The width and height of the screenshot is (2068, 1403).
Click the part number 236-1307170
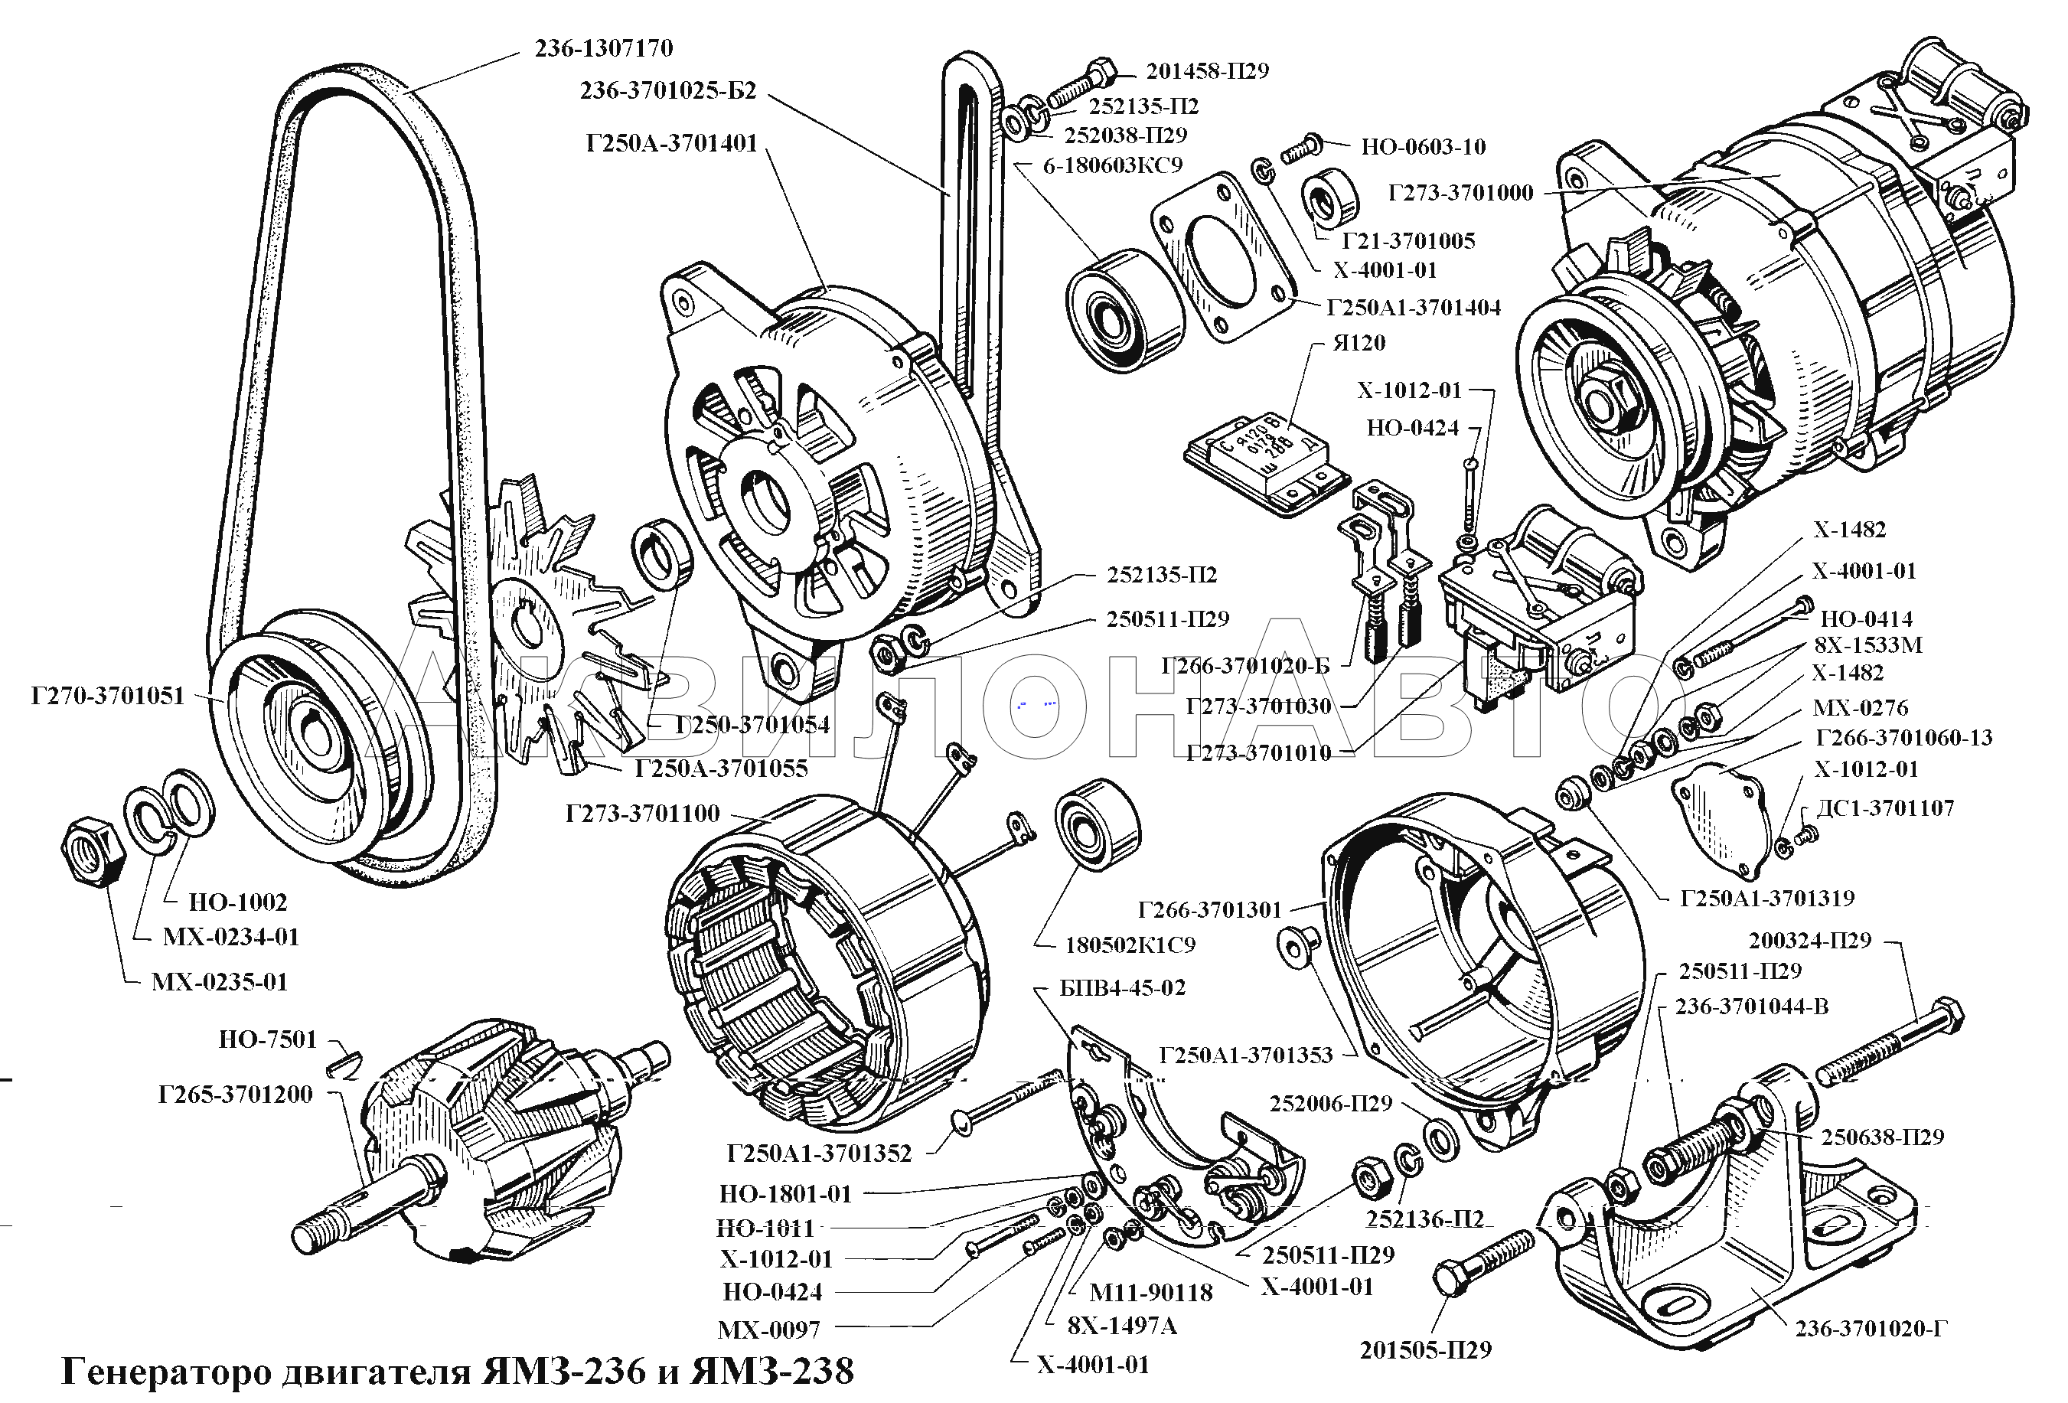[603, 48]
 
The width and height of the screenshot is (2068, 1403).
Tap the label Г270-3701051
[108, 696]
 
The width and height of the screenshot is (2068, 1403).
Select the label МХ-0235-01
[220, 982]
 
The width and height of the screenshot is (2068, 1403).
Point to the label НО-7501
[268, 1039]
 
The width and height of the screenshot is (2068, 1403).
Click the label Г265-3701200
[235, 1095]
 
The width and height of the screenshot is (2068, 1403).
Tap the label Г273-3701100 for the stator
[642, 813]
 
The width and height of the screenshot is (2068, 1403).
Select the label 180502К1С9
[1130, 945]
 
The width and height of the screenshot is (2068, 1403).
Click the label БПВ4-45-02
[1122, 988]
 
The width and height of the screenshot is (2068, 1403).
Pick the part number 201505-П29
[1426, 1350]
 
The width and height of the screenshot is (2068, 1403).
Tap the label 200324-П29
[1810, 941]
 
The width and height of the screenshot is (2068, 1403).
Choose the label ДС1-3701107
[1884, 808]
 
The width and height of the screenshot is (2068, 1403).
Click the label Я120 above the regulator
[1359, 342]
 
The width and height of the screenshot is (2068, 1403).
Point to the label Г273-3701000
[1460, 192]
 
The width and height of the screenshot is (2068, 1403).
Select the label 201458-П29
[1207, 71]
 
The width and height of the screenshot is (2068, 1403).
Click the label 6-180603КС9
[1112, 165]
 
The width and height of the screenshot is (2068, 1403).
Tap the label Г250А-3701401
[671, 143]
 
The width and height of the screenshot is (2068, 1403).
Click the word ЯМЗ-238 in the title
[773, 1372]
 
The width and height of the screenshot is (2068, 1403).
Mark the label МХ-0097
[769, 1330]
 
